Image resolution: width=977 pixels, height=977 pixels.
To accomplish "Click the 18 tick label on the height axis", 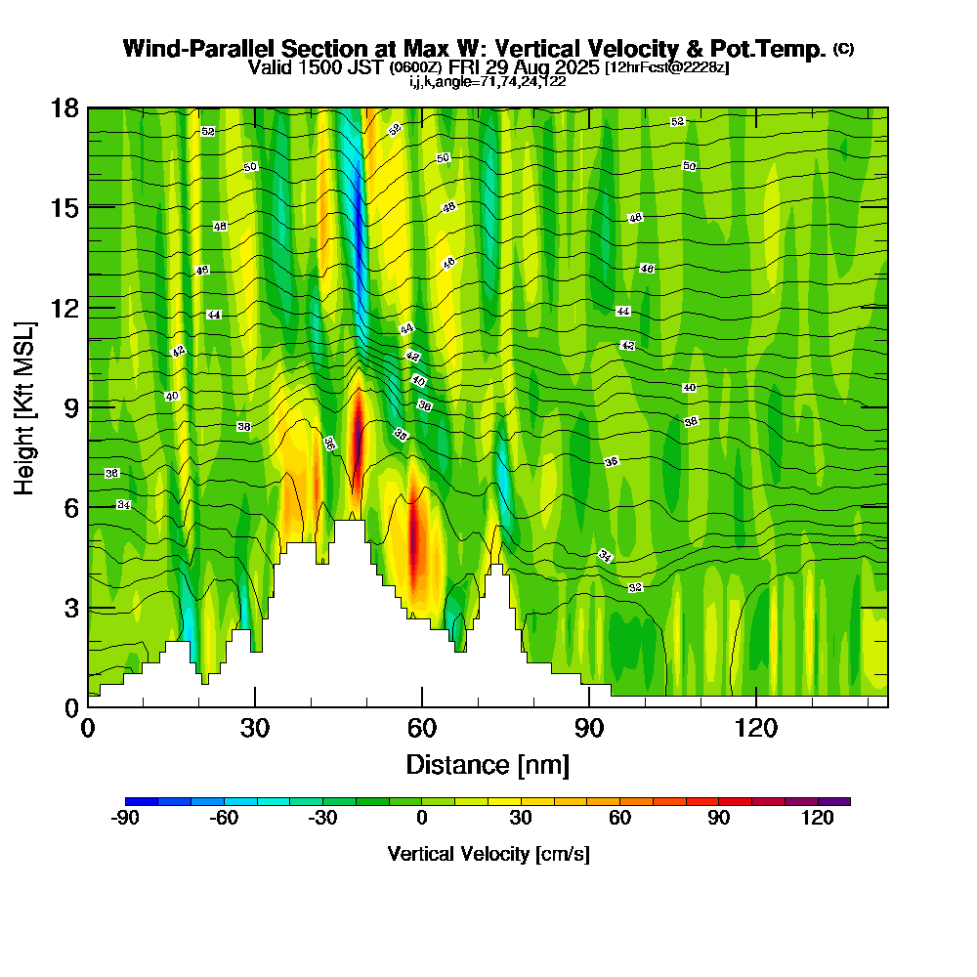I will [64, 107].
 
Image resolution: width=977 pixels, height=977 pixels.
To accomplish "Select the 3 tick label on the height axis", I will [72, 608].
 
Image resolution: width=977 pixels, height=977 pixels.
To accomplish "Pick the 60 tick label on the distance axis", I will [422, 728].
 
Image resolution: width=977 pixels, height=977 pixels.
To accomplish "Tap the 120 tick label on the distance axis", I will [756, 728].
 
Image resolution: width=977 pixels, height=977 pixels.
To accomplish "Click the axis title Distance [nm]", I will [488, 764].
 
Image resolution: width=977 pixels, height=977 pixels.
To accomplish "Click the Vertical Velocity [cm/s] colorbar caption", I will [488, 854].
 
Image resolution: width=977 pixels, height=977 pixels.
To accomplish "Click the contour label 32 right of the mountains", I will [636, 588].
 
